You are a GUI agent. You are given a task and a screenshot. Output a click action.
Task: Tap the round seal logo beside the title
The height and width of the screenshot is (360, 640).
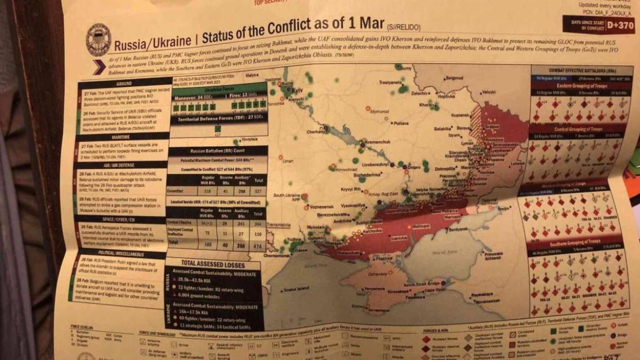(x=98, y=41)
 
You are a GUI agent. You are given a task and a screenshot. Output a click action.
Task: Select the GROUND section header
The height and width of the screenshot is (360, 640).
(x=124, y=84)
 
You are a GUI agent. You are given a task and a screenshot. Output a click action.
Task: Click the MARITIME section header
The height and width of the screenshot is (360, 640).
(x=122, y=136)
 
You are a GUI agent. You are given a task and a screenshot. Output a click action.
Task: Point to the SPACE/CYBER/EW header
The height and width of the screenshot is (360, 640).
(x=120, y=219)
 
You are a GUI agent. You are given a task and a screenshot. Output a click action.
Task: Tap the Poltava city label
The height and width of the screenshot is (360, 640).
(x=401, y=123)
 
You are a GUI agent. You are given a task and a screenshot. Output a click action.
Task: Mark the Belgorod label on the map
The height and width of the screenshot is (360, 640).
(x=453, y=78)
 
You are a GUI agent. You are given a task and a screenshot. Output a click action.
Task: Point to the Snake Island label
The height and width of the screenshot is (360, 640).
(x=296, y=289)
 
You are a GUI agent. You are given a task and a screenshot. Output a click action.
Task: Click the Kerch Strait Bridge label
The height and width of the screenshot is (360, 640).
(x=426, y=283)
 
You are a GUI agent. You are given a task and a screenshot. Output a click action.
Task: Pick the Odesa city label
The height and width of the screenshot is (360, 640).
(x=300, y=249)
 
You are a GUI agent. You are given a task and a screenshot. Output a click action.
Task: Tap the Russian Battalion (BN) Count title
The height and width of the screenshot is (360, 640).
(x=217, y=151)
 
